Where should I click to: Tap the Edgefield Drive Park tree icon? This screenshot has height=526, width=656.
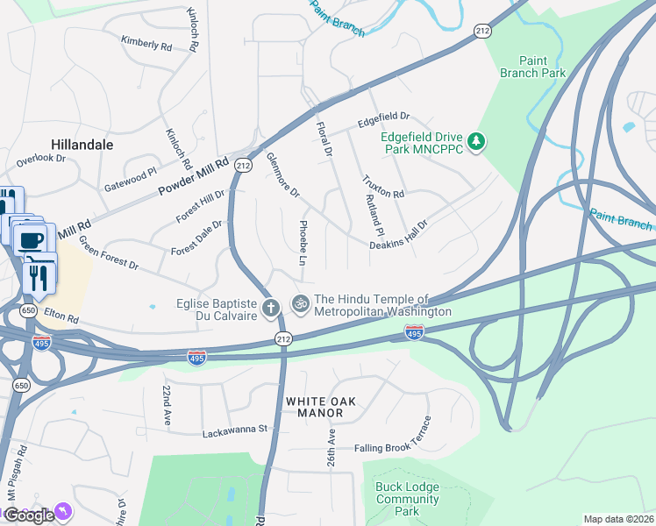click(x=476, y=141)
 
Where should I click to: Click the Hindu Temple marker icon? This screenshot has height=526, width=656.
click(x=301, y=303)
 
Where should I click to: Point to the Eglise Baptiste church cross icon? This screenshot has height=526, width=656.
click(x=271, y=308)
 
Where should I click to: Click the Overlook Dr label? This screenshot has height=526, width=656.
click(x=41, y=159)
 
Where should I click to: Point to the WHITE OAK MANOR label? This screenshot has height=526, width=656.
click(x=321, y=407)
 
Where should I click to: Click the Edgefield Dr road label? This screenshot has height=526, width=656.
click(x=383, y=116)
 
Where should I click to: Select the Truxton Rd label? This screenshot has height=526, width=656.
click(x=383, y=186)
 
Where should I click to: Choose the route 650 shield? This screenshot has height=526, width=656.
click(x=28, y=310)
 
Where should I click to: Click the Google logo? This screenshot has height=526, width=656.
click(x=29, y=515)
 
